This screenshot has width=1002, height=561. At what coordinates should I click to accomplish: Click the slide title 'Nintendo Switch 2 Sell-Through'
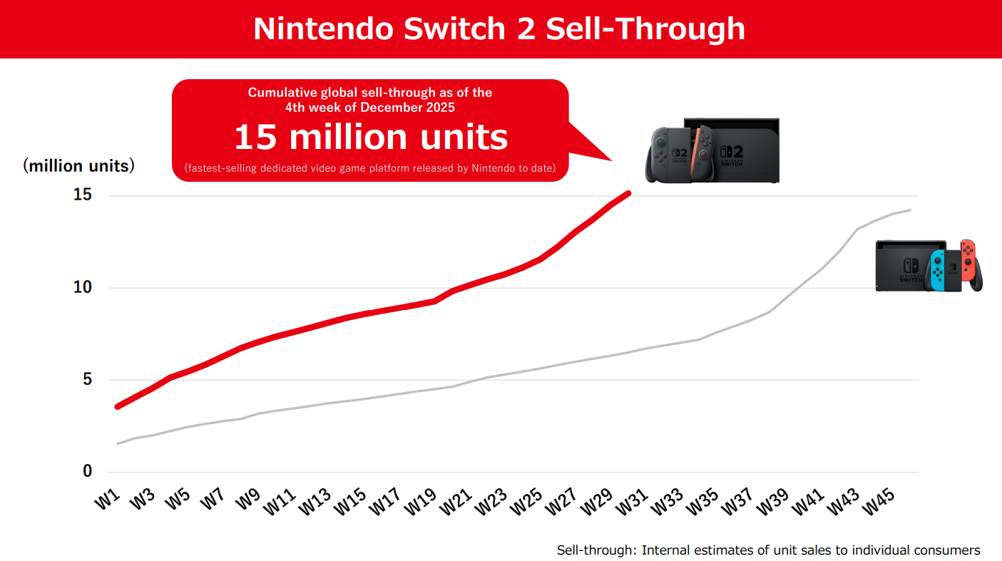(x=499, y=29)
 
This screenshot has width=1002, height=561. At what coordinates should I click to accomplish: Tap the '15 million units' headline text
(x=371, y=137)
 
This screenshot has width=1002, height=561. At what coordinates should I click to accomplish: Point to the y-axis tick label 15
(x=83, y=195)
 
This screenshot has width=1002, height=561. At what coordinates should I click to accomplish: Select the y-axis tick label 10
(x=83, y=287)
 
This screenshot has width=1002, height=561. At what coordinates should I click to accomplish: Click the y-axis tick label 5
(x=88, y=379)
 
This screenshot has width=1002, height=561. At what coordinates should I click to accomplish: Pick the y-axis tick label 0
(x=88, y=471)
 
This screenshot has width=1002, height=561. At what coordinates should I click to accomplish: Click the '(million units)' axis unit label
(x=79, y=166)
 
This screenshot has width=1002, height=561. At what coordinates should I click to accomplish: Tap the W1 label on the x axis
(x=107, y=499)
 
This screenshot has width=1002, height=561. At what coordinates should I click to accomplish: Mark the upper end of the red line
(x=627, y=193)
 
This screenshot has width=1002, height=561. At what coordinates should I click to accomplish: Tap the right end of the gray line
(x=910, y=210)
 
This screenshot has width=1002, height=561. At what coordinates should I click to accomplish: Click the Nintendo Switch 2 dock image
(x=731, y=150)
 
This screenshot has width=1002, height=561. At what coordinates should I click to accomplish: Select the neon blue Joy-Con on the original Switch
(x=936, y=271)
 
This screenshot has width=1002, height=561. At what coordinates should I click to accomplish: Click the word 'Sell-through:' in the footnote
(x=596, y=550)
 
